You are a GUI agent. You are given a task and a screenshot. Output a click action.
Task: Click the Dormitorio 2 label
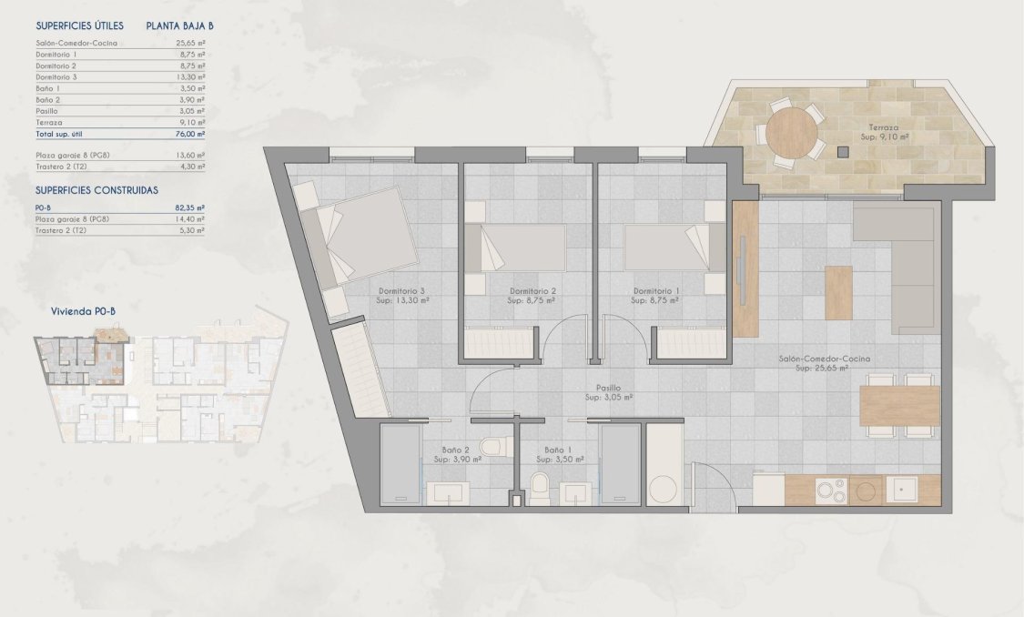click(x=533, y=291)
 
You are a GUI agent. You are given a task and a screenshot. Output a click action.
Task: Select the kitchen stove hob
click(x=831, y=491)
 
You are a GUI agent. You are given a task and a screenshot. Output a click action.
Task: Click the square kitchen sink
click(x=904, y=491)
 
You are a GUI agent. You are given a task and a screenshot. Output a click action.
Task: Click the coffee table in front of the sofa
click(x=838, y=291)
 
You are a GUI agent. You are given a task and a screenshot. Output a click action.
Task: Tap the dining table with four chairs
click(x=899, y=406)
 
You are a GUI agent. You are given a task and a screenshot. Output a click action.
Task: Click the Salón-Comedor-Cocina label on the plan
click(x=825, y=359)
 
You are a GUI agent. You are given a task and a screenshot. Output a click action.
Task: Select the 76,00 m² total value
click(x=189, y=134)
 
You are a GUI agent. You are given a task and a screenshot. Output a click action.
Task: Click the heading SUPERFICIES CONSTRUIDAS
click(x=96, y=190)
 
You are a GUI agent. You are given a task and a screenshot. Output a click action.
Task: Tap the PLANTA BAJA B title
click(x=179, y=26)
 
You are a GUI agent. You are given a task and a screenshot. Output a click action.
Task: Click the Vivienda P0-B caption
click(x=83, y=311)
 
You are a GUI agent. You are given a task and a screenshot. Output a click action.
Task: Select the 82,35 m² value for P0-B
click(x=189, y=207)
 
